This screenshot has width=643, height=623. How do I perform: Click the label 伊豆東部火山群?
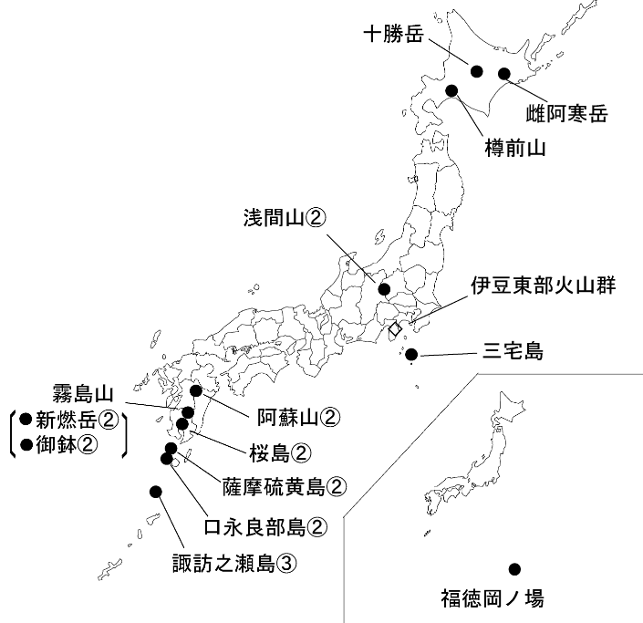(x=544, y=286)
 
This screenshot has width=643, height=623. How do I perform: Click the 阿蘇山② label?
(x=297, y=417)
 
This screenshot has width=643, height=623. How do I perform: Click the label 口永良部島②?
(x=265, y=525)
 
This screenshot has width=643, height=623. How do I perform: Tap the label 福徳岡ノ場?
(x=490, y=599)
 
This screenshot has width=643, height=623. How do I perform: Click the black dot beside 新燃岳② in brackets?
(x=25, y=421)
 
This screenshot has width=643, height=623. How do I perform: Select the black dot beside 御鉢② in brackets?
(x=25, y=445)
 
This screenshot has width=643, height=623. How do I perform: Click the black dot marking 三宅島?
(x=412, y=354)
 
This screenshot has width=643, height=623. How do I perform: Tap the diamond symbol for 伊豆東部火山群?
(x=395, y=327)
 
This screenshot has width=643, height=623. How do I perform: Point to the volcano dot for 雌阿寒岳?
(x=503, y=74)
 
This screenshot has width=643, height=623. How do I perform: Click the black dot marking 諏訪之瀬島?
(x=155, y=492)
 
